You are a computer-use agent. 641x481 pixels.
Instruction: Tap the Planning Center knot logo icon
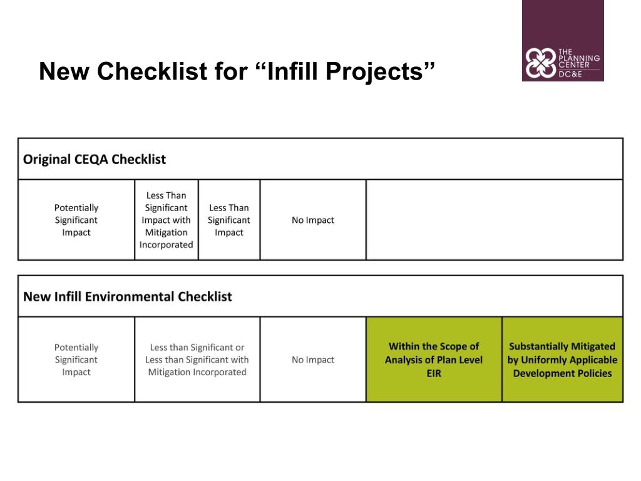tap(539, 63)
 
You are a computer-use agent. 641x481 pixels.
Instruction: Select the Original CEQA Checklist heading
tap(94, 159)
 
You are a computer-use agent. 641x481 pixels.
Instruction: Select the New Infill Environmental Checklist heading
tap(127, 296)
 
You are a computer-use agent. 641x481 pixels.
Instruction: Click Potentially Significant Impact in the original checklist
tap(76, 220)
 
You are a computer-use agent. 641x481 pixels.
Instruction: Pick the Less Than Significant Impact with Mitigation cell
tap(166, 220)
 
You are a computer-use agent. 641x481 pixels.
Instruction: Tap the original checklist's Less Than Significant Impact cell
tap(228, 220)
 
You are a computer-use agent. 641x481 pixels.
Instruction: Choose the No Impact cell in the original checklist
tap(312, 220)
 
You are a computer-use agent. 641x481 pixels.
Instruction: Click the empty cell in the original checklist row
tap(494, 220)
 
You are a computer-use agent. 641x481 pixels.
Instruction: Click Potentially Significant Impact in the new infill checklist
tap(76, 359)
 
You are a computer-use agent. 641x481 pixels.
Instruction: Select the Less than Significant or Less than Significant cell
tap(197, 359)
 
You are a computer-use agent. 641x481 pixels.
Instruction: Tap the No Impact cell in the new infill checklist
tap(312, 359)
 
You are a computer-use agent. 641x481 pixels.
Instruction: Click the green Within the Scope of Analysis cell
tap(433, 359)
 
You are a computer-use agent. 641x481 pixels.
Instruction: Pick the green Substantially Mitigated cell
tap(562, 359)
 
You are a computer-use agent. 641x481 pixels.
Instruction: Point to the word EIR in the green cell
tap(434, 373)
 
